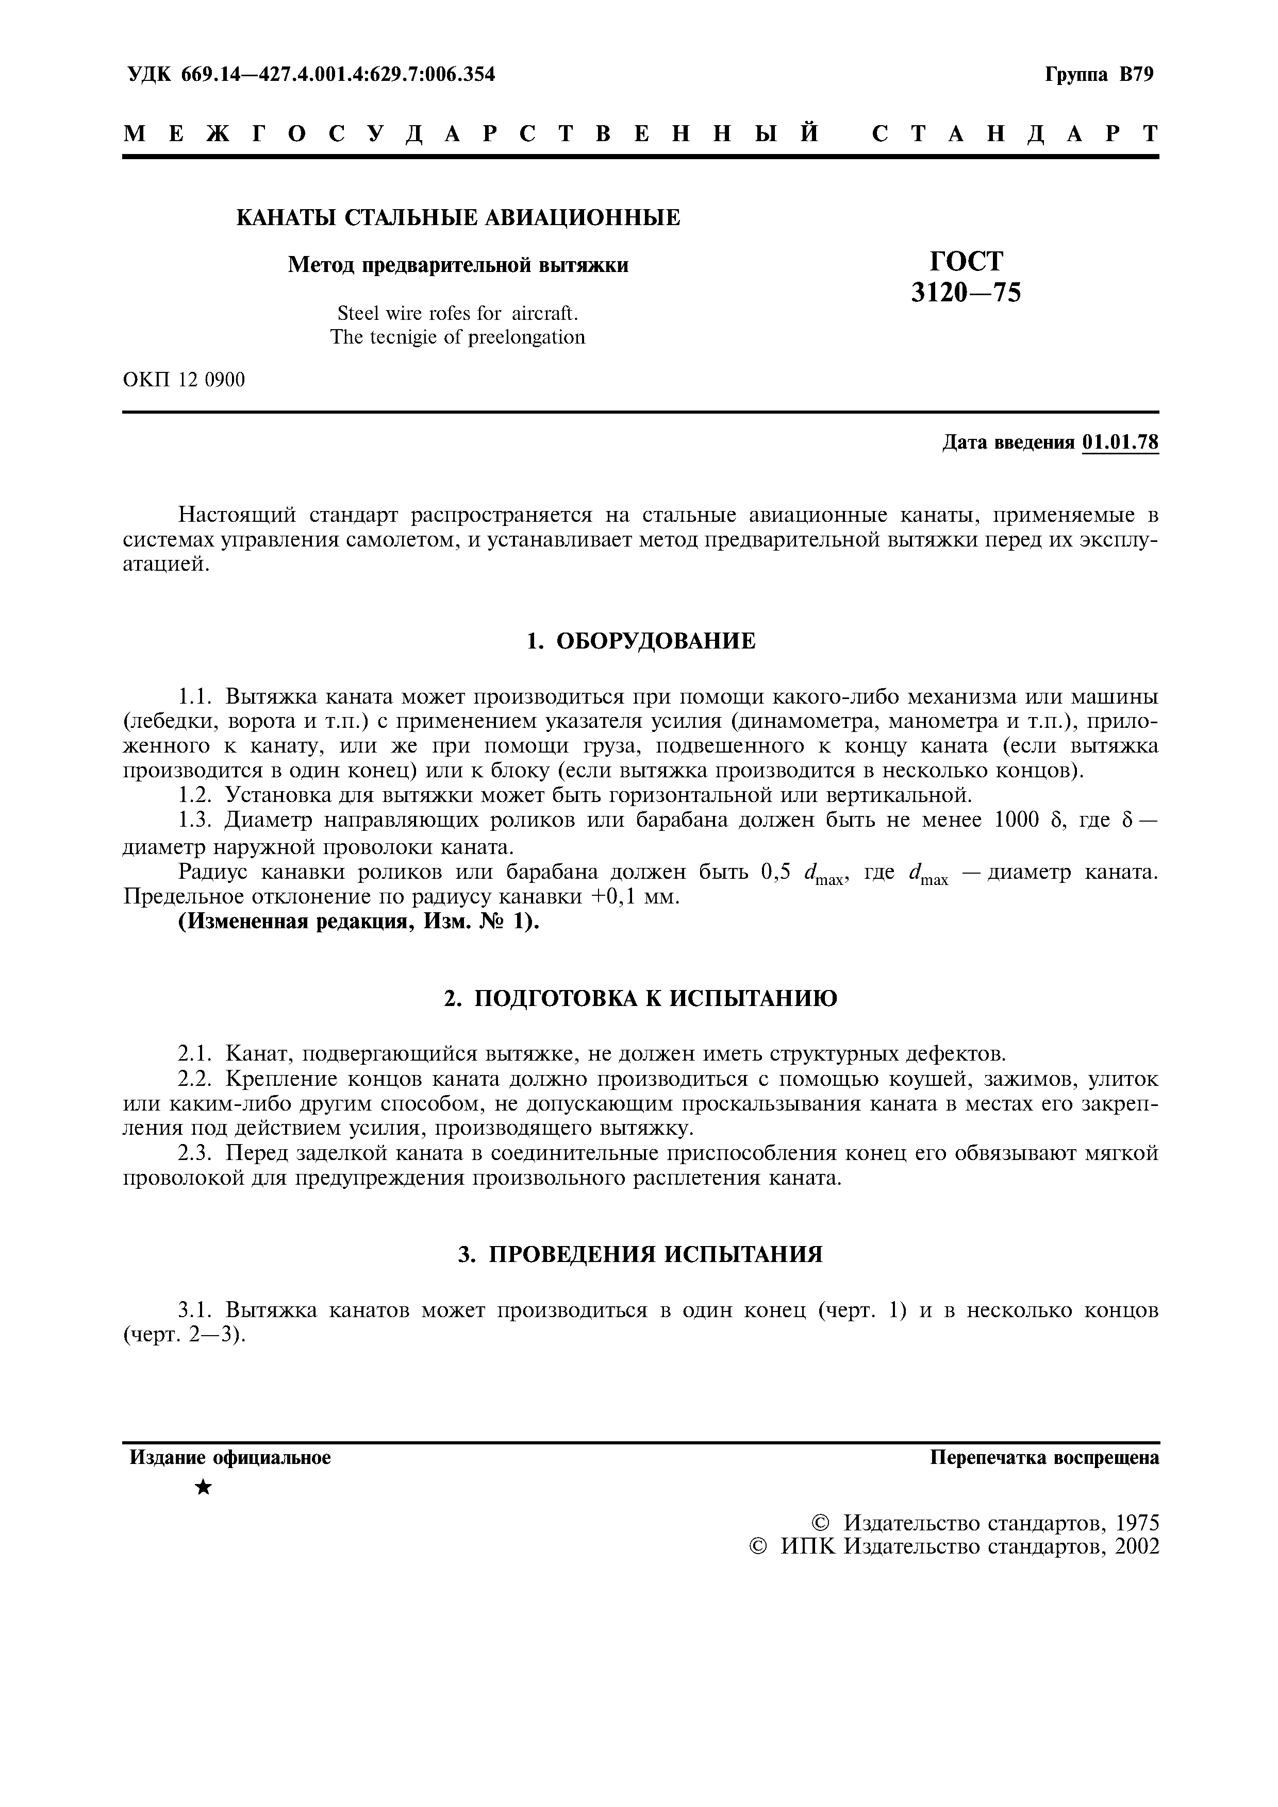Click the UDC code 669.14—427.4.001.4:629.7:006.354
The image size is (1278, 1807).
(x=339, y=75)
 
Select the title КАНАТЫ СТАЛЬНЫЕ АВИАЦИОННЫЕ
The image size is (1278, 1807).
(x=458, y=218)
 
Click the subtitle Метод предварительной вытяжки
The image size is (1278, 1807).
(x=458, y=265)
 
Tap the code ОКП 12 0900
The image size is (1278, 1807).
(x=184, y=380)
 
